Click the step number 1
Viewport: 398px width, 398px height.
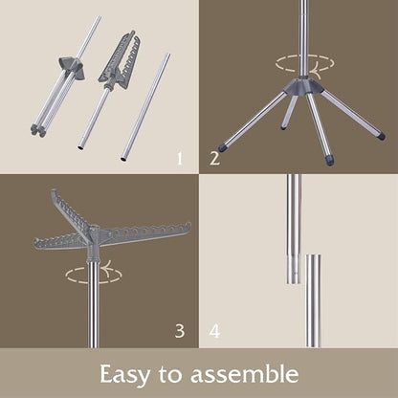pos(180,159)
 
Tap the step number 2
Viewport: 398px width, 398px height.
pos(214,159)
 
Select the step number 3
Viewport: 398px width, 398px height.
pos(180,331)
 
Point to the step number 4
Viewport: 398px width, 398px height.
pos(214,331)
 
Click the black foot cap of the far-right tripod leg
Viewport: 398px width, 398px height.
pos(380,136)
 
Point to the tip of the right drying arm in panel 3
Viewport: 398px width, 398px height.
pos(189,224)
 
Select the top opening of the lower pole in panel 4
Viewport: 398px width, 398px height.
pos(313,255)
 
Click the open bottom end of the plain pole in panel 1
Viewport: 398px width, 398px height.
pos(123,158)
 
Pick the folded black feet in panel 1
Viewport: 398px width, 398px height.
pos(37,131)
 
